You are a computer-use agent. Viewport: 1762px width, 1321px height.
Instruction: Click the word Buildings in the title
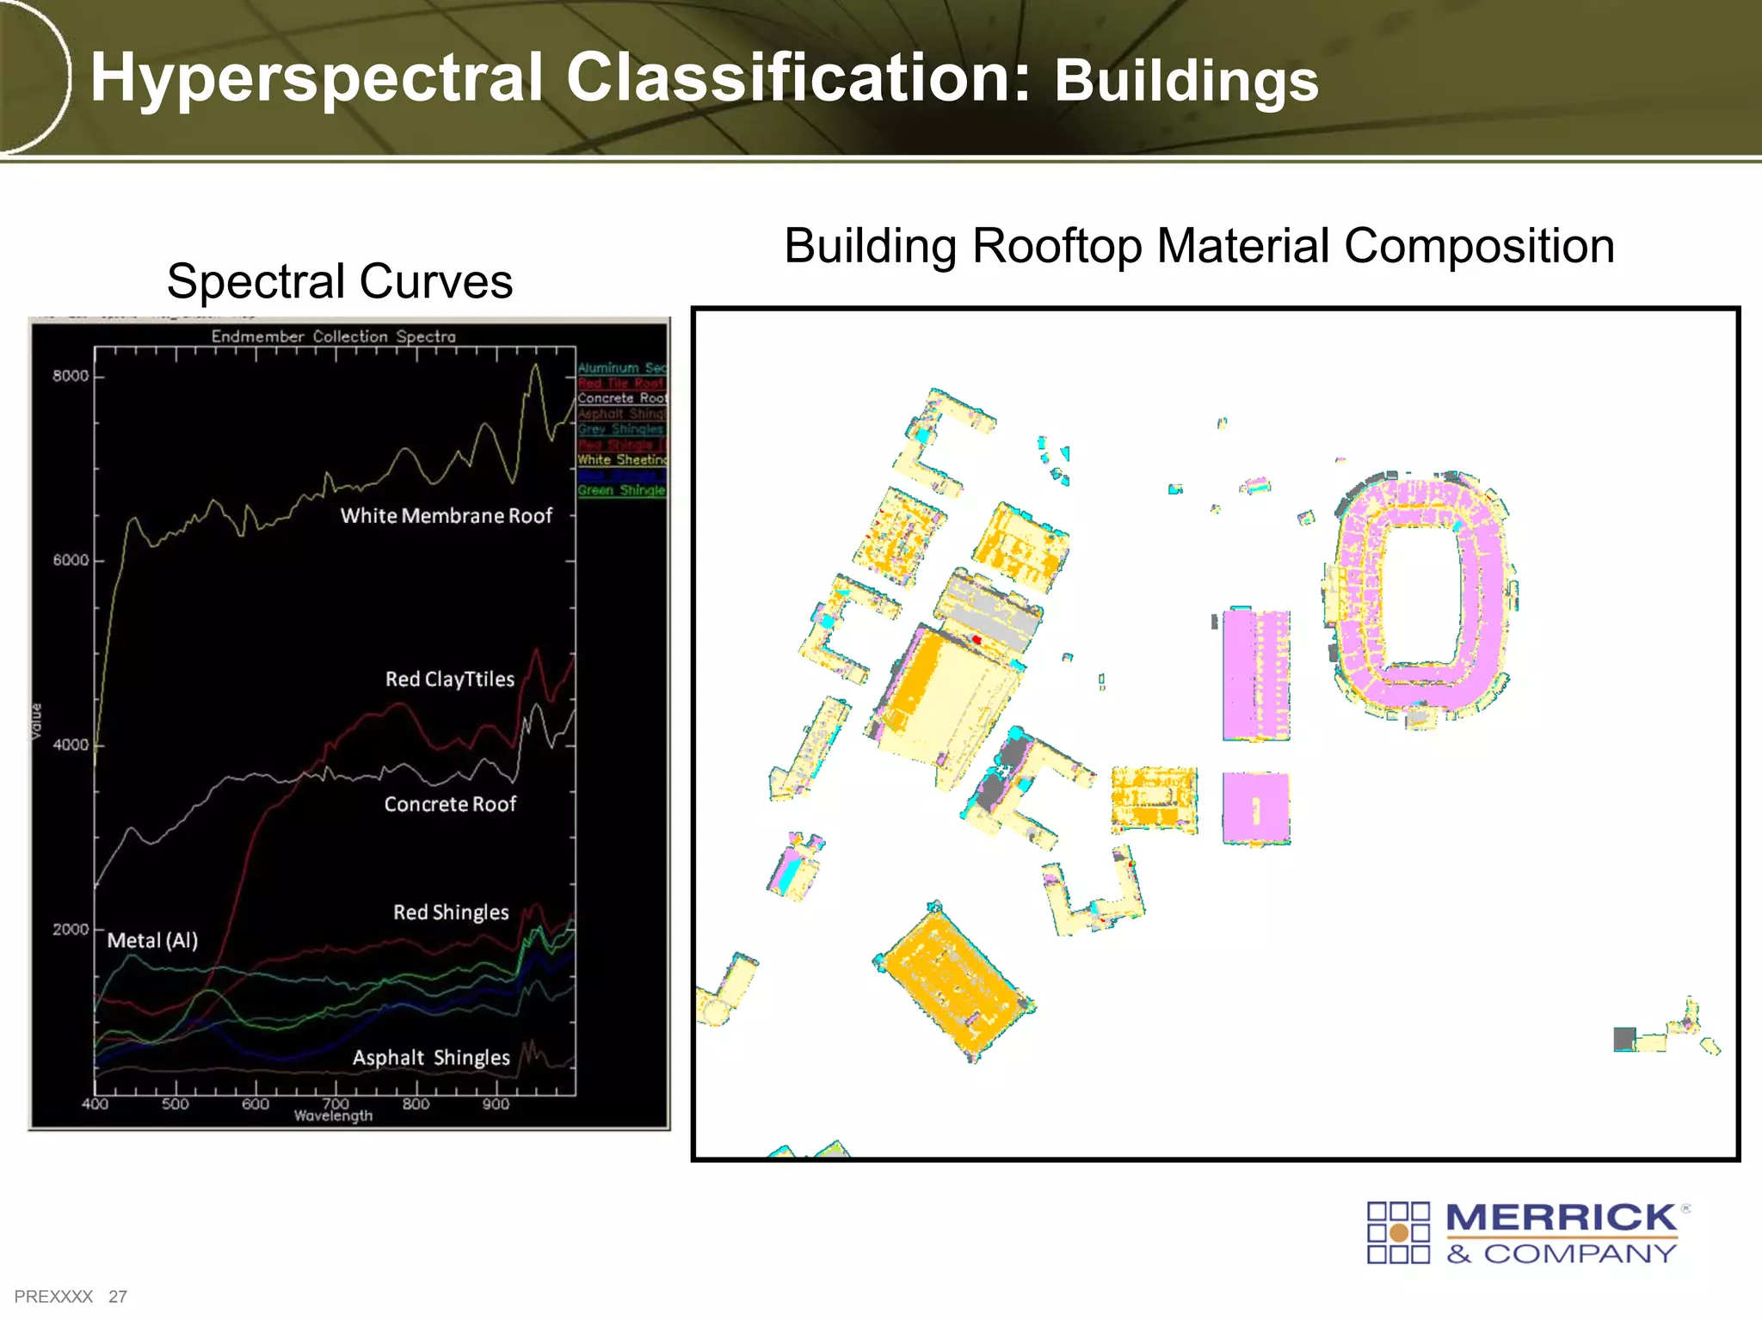(1186, 82)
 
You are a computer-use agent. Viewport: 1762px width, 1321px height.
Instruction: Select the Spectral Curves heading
(339, 281)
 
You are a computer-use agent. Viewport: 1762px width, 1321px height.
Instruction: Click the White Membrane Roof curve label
(446, 516)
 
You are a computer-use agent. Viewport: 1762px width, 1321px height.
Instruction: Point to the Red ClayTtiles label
(449, 679)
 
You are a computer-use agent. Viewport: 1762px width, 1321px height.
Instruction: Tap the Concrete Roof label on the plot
(449, 804)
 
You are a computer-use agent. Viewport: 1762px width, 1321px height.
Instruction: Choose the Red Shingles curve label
(451, 912)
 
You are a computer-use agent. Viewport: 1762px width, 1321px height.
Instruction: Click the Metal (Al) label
(152, 941)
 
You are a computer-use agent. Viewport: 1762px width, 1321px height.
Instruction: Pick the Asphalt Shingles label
(431, 1058)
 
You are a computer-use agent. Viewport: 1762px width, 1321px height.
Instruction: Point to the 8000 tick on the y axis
(70, 377)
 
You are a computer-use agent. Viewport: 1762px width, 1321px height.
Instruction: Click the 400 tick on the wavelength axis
(95, 1104)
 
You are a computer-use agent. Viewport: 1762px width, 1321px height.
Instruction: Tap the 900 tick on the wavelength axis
(496, 1104)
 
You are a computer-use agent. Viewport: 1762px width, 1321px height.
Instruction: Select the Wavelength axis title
(333, 1116)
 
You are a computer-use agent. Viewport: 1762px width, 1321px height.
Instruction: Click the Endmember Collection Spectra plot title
(333, 336)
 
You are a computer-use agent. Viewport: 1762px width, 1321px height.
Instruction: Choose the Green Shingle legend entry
(621, 490)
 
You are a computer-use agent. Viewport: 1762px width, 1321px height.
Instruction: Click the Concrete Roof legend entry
(621, 398)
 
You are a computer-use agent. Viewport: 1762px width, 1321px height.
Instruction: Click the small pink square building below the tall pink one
(1256, 808)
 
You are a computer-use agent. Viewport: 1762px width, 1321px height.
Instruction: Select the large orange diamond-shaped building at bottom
(955, 982)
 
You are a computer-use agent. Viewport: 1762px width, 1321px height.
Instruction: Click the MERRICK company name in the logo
(1561, 1219)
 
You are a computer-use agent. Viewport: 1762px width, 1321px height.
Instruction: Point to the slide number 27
(118, 1297)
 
